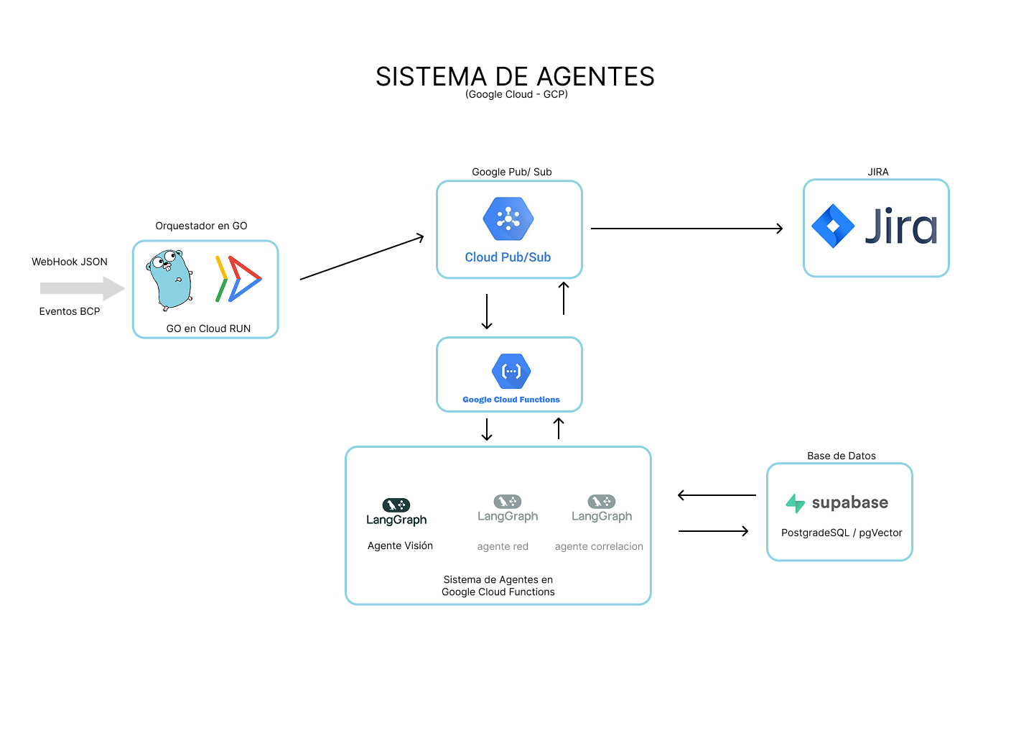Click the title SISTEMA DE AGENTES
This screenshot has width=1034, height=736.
coord(515,76)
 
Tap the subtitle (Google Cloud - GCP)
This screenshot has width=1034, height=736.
coord(516,94)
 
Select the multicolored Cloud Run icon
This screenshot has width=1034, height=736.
coord(238,279)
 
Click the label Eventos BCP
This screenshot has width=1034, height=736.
coord(70,311)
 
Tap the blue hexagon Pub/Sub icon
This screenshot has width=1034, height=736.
coord(508,218)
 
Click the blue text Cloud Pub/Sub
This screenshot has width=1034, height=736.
coord(508,257)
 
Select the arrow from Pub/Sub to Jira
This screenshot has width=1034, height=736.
coord(686,229)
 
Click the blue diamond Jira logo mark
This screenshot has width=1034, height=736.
coord(833,226)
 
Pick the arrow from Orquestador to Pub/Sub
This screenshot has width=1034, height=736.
coord(362,257)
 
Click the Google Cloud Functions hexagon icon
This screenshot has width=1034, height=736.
coord(511,372)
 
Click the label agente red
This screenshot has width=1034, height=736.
coord(503,546)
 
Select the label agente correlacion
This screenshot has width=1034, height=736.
coord(599,546)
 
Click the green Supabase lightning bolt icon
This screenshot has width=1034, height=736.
coord(795,503)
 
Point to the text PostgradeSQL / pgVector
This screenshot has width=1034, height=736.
coord(842,533)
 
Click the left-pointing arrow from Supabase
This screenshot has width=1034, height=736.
coord(717,495)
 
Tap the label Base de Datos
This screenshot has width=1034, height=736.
coord(842,456)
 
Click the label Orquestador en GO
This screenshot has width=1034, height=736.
coord(201,226)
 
